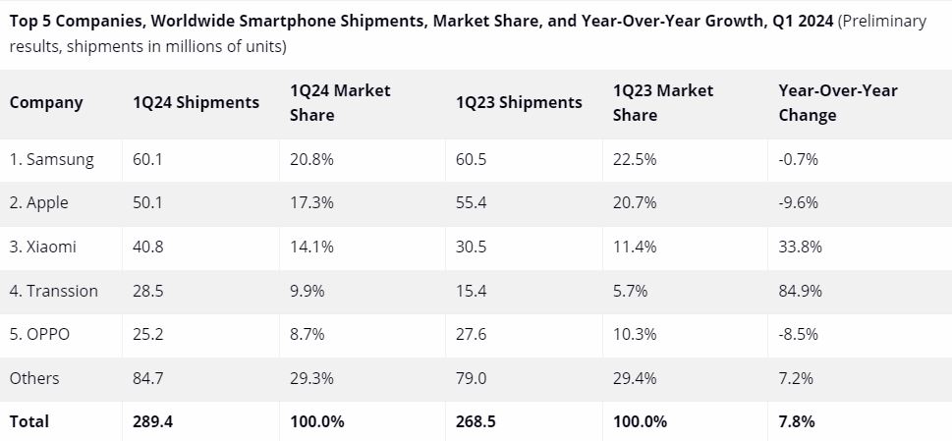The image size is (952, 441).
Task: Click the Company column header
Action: pyautogui.click(x=46, y=102)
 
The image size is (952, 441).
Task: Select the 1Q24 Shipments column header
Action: pyautogui.click(x=196, y=102)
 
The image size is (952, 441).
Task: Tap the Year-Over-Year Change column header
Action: pyautogui.click(x=837, y=102)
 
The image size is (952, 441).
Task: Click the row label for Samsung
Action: pyautogui.click(x=52, y=160)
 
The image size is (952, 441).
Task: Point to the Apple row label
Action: pyautogui.click(x=42, y=202)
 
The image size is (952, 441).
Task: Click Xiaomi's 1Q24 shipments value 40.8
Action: pyautogui.click(x=148, y=247)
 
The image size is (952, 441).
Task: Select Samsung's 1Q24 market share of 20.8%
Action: pyautogui.click(x=311, y=160)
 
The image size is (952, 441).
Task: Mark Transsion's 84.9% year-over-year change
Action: pyautogui.click(x=800, y=291)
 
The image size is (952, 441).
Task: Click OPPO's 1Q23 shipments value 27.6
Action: pyautogui.click(x=472, y=334)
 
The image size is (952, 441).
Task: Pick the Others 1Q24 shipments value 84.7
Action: pyautogui.click(x=148, y=378)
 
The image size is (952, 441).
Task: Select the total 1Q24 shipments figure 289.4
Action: pyautogui.click(x=152, y=421)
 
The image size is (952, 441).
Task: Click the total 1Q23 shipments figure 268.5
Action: pyautogui.click(x=476, y=421)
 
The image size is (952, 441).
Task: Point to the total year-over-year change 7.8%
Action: pyautogui.click(x=796, y=421)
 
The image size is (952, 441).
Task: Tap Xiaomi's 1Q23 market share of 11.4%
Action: pyautogui.click(x=635, y=247)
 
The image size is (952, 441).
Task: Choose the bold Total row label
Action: pyautogui.click(x=29, y=421)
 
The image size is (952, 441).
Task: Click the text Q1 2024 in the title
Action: pyautogui.click(x=799, y=21)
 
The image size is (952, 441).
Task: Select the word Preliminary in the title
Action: pyautogui.click(x=882, y=21)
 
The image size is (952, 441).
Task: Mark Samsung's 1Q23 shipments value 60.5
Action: pyautogui.click(x=472, y=160)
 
